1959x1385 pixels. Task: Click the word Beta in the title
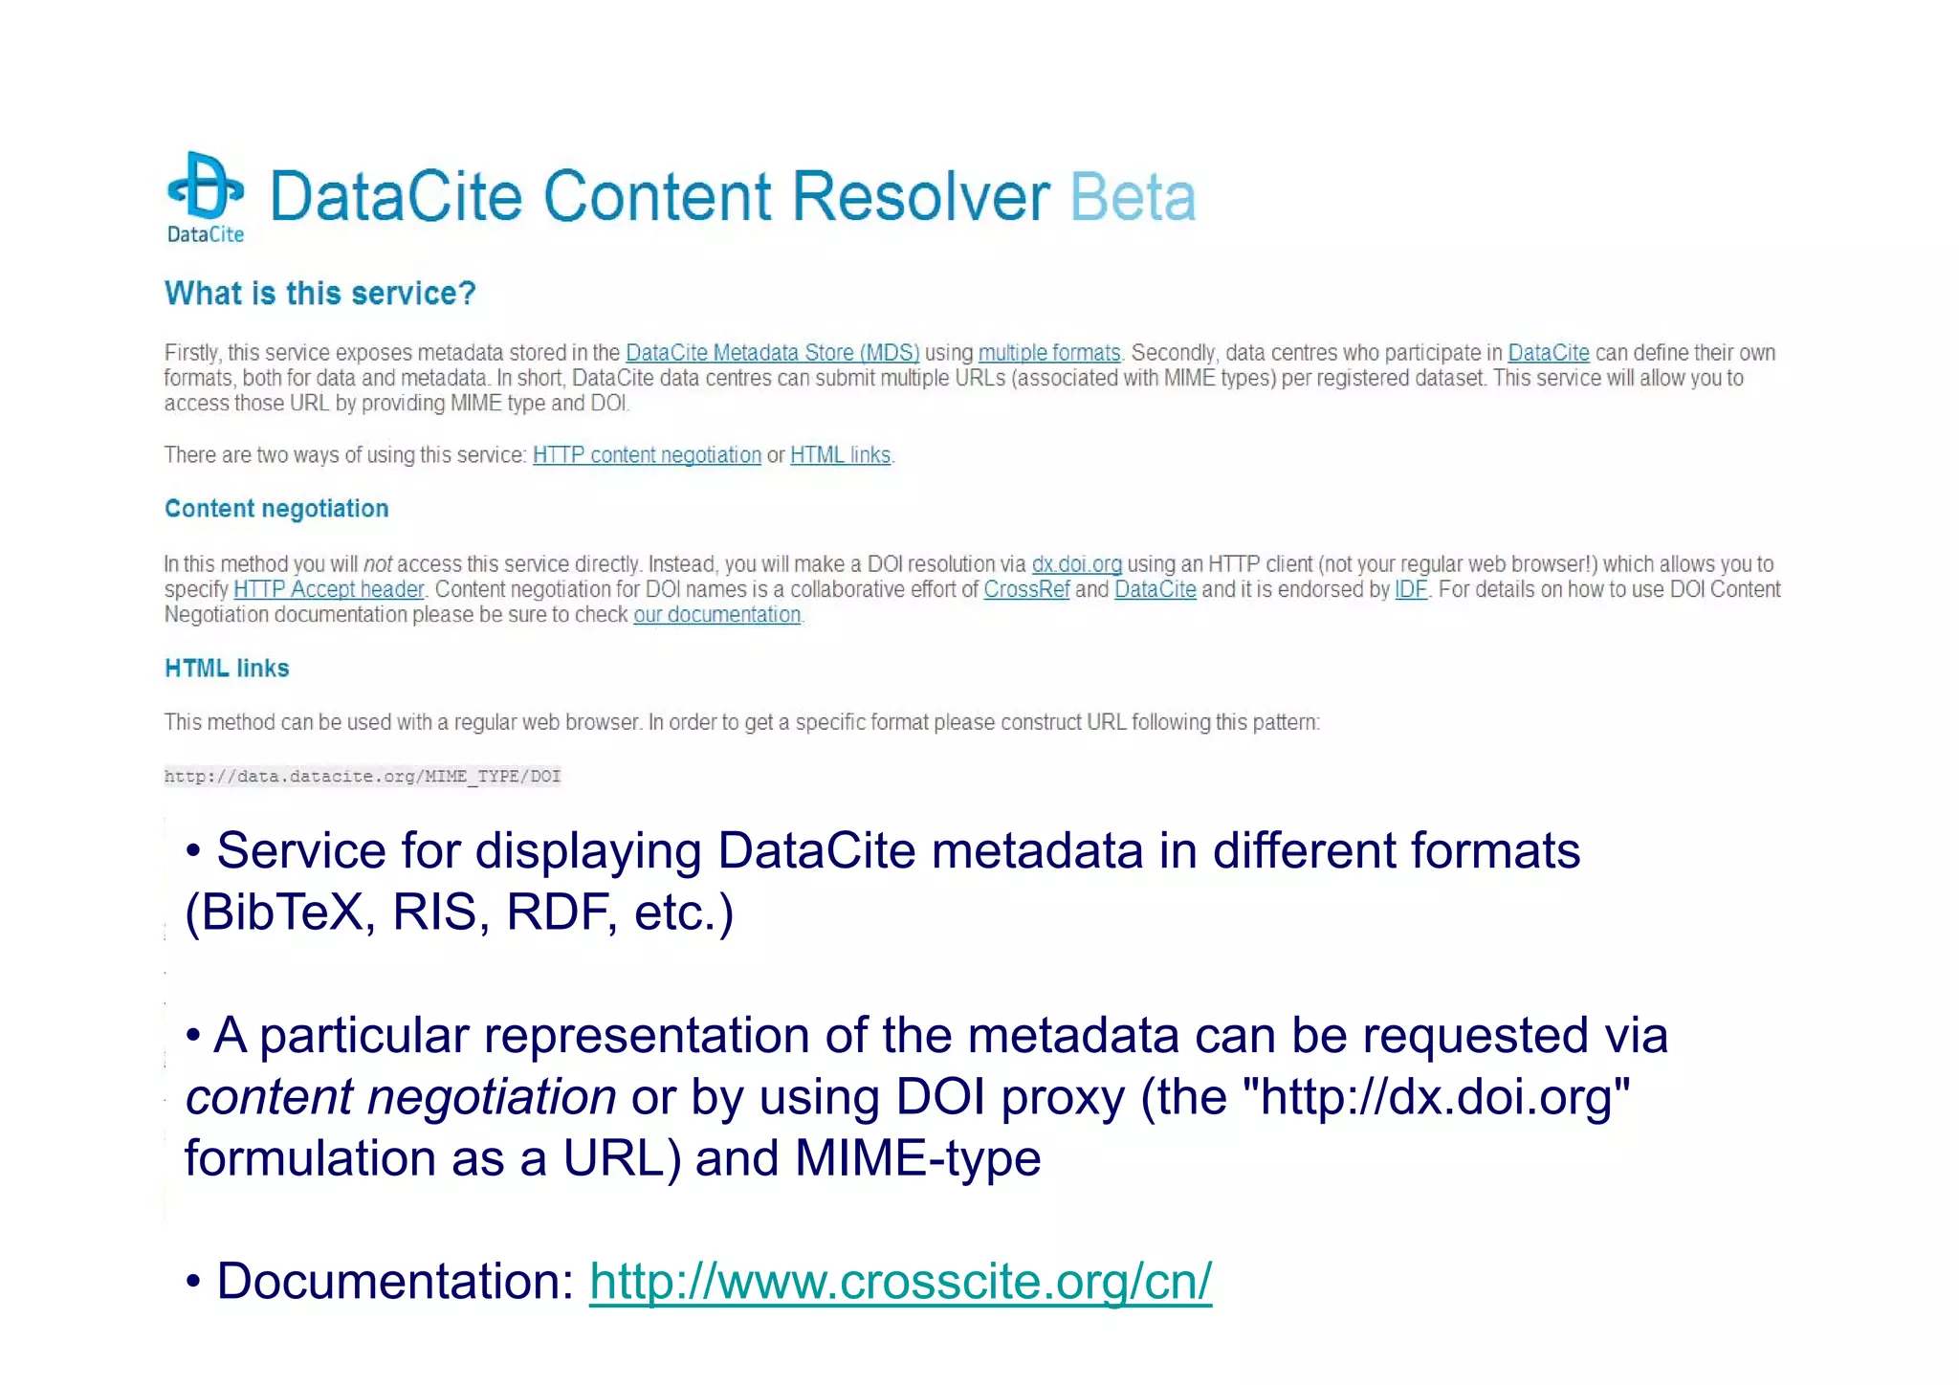[x=1133, y=197]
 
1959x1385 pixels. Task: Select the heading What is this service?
[x=319, y=294]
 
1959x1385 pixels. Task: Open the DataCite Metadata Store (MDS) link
[x=772, y=353]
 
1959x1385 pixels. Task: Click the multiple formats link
[x=1048, y=353]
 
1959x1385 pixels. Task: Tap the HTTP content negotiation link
[x=647, y=455]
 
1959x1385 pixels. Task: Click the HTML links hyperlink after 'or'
[x=840, y=455]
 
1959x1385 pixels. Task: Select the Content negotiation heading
[x=276, y=509]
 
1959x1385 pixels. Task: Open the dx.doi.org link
[x=1076, y=564]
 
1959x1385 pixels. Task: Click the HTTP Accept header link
[x=328, y=589]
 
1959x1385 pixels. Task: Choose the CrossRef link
[x=1026, y=589]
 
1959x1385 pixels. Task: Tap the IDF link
[x=1410, y=589]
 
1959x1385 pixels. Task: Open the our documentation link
[x=716, y=615]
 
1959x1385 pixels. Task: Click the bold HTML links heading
[x=227, y=669]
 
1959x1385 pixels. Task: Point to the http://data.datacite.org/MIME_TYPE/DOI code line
[x=363, y=777]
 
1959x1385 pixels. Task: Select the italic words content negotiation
[x=401, y=1097]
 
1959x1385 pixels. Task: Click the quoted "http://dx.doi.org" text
[x=1436, y=1097]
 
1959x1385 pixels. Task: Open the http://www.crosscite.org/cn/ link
[x=900, y=1282]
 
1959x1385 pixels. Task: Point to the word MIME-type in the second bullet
[x=917, y=1158]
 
